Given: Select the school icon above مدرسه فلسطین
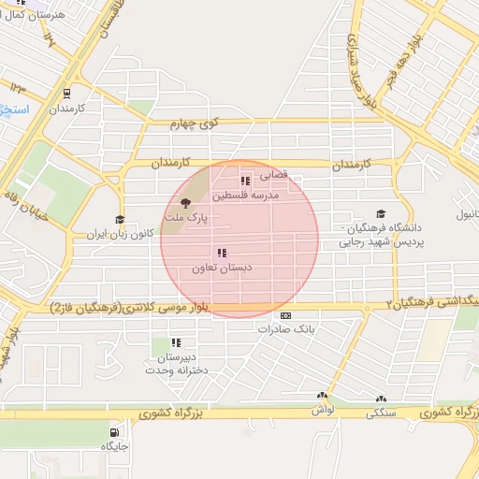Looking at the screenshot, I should point(244,181).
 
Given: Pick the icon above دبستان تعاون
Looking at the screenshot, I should point(222,253).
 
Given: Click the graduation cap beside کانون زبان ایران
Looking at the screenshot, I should point(119,221).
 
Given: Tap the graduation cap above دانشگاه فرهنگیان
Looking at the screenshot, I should point(380,214).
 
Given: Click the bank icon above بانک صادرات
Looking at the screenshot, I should point(285,315).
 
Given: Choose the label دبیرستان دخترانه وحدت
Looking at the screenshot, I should point(175,364).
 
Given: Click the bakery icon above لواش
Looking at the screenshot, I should point(323,397).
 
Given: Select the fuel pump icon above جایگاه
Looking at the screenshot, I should point(114,433).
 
